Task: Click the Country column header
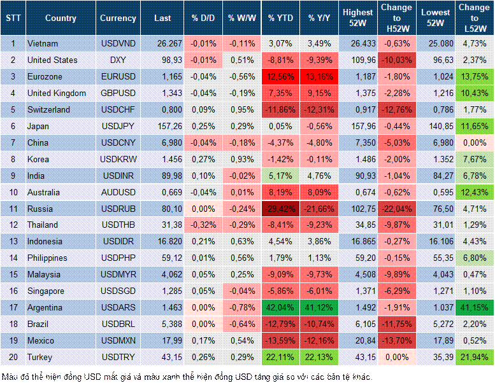[61, 18]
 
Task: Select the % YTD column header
[280, 18]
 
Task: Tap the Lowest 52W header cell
[437, 18]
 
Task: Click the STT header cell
[13, 18]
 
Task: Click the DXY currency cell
[118, 60]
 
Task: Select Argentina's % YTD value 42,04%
[280, 307]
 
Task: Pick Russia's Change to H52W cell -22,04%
[398, 209]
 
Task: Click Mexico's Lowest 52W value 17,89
[437, 340]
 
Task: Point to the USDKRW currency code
[118, 159]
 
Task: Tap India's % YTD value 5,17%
[280, 176]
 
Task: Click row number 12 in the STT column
[13, 225]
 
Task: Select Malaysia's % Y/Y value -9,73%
[320, 274]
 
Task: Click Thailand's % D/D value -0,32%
[202, 225]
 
